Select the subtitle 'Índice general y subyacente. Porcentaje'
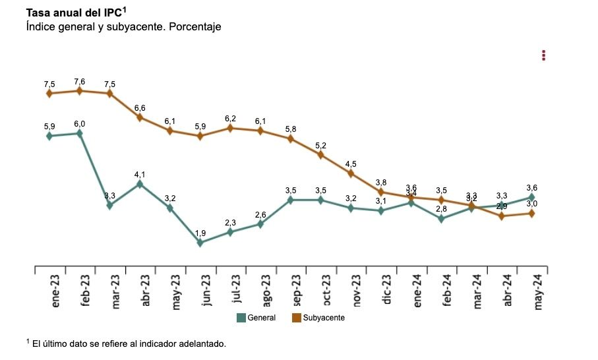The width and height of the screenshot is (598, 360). pos(123,27)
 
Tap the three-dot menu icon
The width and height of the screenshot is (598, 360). pos(544,55)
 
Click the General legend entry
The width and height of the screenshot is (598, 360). pos(256,318)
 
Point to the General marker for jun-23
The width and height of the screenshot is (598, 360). pos(200,243)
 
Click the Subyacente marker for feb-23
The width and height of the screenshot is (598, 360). pos(79,91)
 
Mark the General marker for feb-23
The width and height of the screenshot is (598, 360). pos(79,133)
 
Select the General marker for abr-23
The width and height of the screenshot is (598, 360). pos(140,184)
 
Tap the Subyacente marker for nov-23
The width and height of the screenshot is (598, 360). pos(351,173)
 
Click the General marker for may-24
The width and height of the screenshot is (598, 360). pos(531,197)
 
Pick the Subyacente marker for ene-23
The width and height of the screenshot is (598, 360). pos(49,94)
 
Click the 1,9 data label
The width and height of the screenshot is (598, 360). pos(200,233)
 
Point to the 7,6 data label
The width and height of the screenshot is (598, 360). pos(79,82)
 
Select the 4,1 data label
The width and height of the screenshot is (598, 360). pos(140,175)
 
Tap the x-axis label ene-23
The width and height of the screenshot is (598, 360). pos(55,291)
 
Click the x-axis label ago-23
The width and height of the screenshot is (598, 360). pos(266,291)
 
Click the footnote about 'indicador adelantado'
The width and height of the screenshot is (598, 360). pos(126,344)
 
